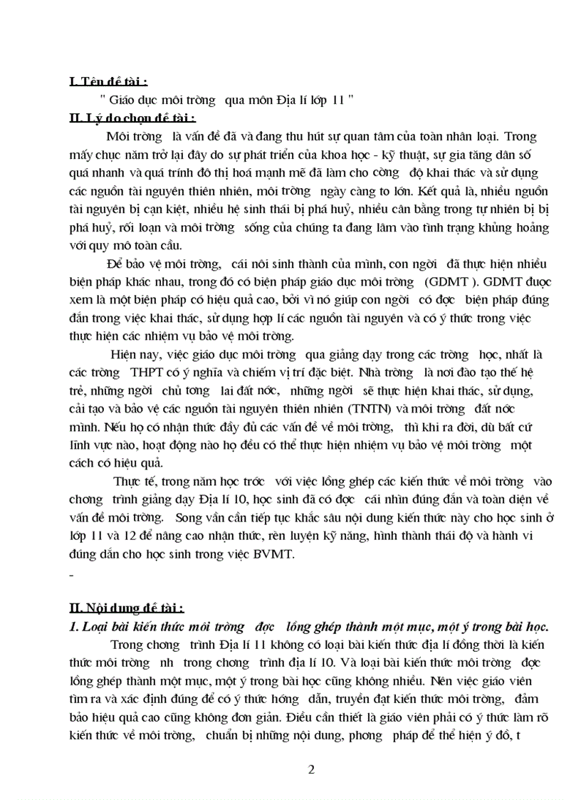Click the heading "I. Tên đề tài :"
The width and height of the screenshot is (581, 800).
109,83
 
